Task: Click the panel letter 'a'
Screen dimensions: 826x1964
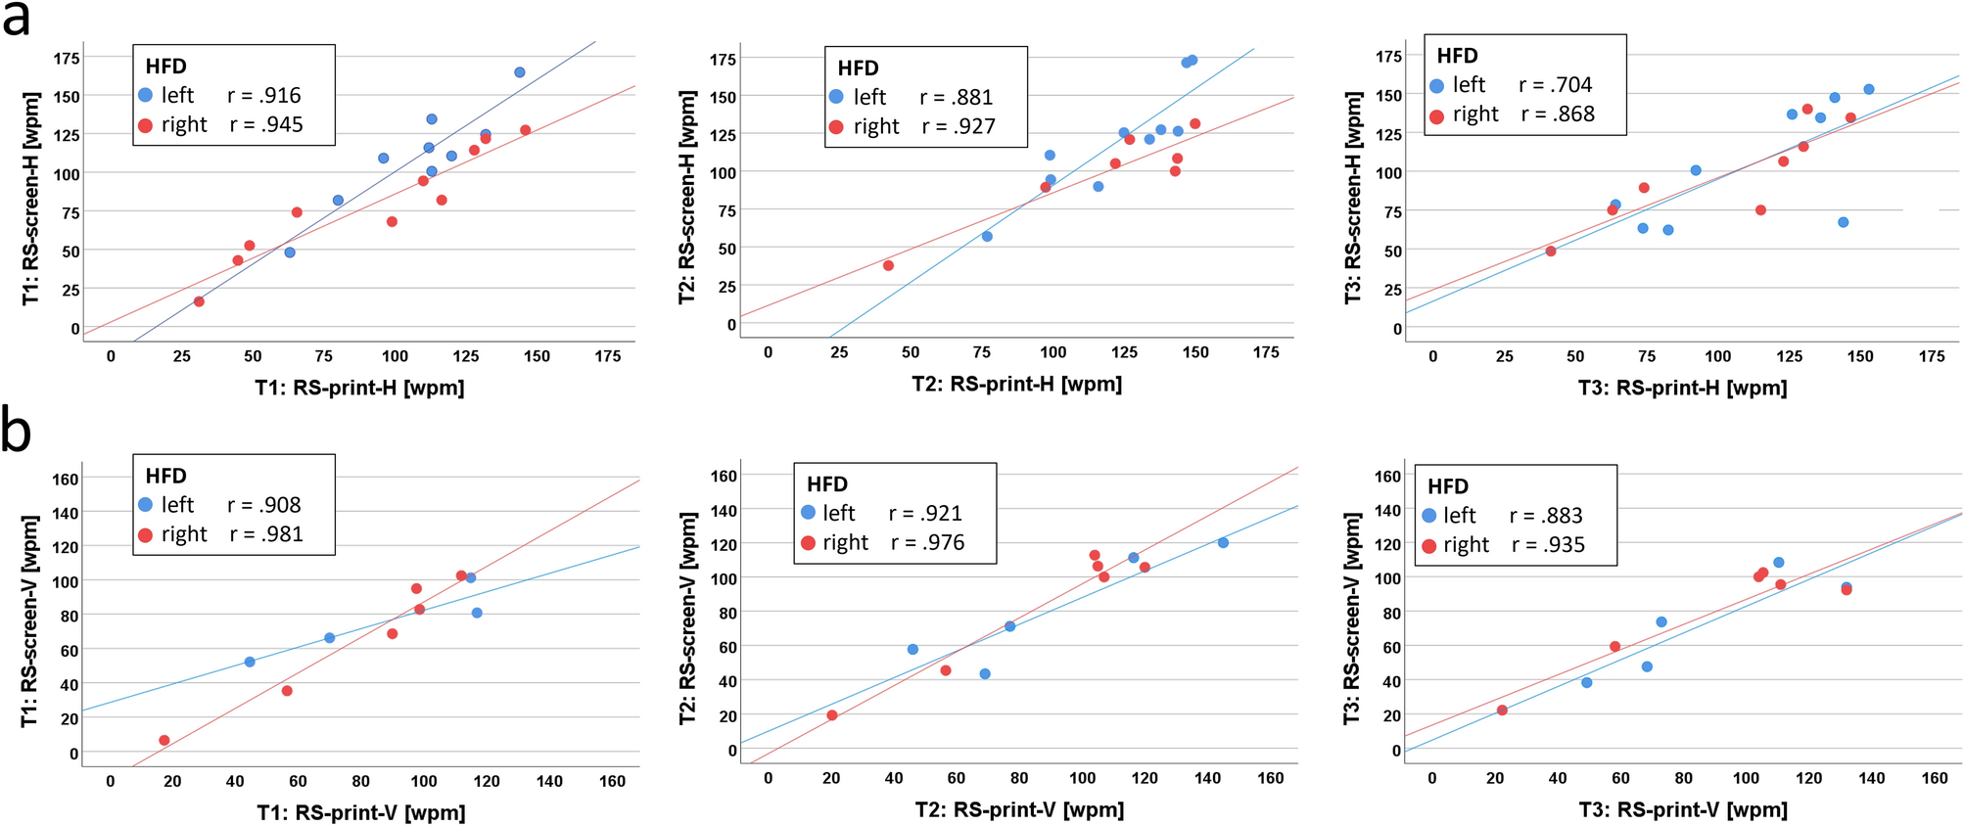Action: [17, 20]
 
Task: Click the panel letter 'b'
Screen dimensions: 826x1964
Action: [17, 431]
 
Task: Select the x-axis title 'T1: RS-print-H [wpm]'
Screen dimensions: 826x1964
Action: [359, 388]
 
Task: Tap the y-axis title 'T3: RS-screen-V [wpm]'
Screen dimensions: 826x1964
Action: [1352, 619]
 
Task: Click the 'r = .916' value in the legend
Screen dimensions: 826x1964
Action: [264, 95]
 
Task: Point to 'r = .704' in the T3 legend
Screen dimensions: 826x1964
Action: [1555, 85]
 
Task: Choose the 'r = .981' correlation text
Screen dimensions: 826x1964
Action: [266, 533]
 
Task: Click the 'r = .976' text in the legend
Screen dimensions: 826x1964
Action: [927, 542]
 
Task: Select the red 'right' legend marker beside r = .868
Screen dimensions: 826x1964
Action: [1436, 116]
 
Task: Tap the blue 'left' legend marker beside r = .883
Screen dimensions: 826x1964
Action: [1428, 516]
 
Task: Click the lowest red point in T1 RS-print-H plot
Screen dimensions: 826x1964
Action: [199, 301]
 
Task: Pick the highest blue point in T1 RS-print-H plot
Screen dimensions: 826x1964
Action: [520, 72]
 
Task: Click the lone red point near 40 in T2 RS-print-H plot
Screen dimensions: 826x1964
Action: [888, 265]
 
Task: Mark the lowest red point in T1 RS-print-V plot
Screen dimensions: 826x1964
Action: [164, 740]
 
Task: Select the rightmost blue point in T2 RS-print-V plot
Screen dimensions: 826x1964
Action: [1223, 542]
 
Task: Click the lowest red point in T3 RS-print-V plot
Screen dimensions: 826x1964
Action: [1502, 710]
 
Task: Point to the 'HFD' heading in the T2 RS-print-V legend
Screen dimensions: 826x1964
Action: [827, 484]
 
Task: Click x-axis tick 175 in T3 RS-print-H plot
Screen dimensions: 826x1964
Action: [1932, 356]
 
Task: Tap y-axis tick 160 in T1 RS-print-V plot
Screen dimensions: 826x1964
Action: [66, 479]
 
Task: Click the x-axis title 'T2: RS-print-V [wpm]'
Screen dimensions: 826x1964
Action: [1019, 809]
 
